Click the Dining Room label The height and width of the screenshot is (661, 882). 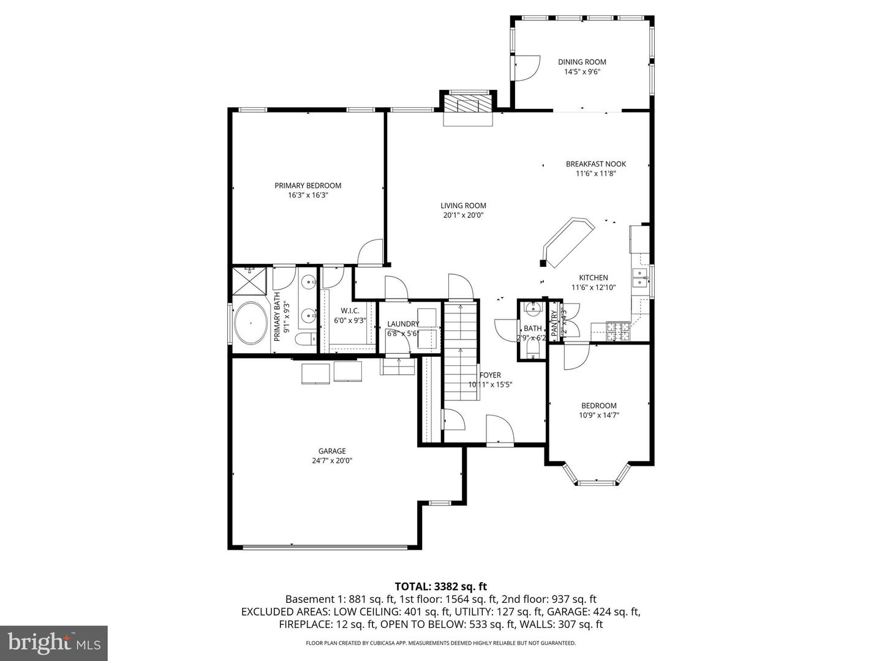[582, 62]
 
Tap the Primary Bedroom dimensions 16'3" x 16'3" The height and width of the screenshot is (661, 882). [308, 196]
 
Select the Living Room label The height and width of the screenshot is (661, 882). [463, 206]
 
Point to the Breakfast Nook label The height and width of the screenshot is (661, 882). [596, 164]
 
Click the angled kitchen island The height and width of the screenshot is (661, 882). [568, 242]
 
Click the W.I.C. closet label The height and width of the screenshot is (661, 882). [350, 311]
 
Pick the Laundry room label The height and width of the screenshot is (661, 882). [403, 324]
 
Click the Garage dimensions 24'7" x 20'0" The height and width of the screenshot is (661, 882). [332, 461]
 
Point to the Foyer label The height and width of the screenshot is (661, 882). [490, 375]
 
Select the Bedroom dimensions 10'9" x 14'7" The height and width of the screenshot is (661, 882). [599, 415]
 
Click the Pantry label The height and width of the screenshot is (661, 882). [555, 323]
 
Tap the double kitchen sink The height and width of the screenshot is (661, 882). [641, 278]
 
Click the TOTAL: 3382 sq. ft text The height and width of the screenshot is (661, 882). [441, 587]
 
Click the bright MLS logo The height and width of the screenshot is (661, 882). [54, 642]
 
